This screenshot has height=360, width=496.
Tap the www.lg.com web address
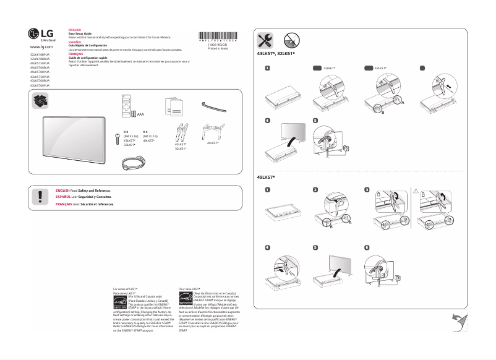point(41,47)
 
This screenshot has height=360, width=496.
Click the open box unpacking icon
point(41,101)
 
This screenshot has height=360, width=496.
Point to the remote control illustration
point(127,103)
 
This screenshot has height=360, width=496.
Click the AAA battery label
point(140,114)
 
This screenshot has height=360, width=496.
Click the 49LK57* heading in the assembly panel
point(267,178)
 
